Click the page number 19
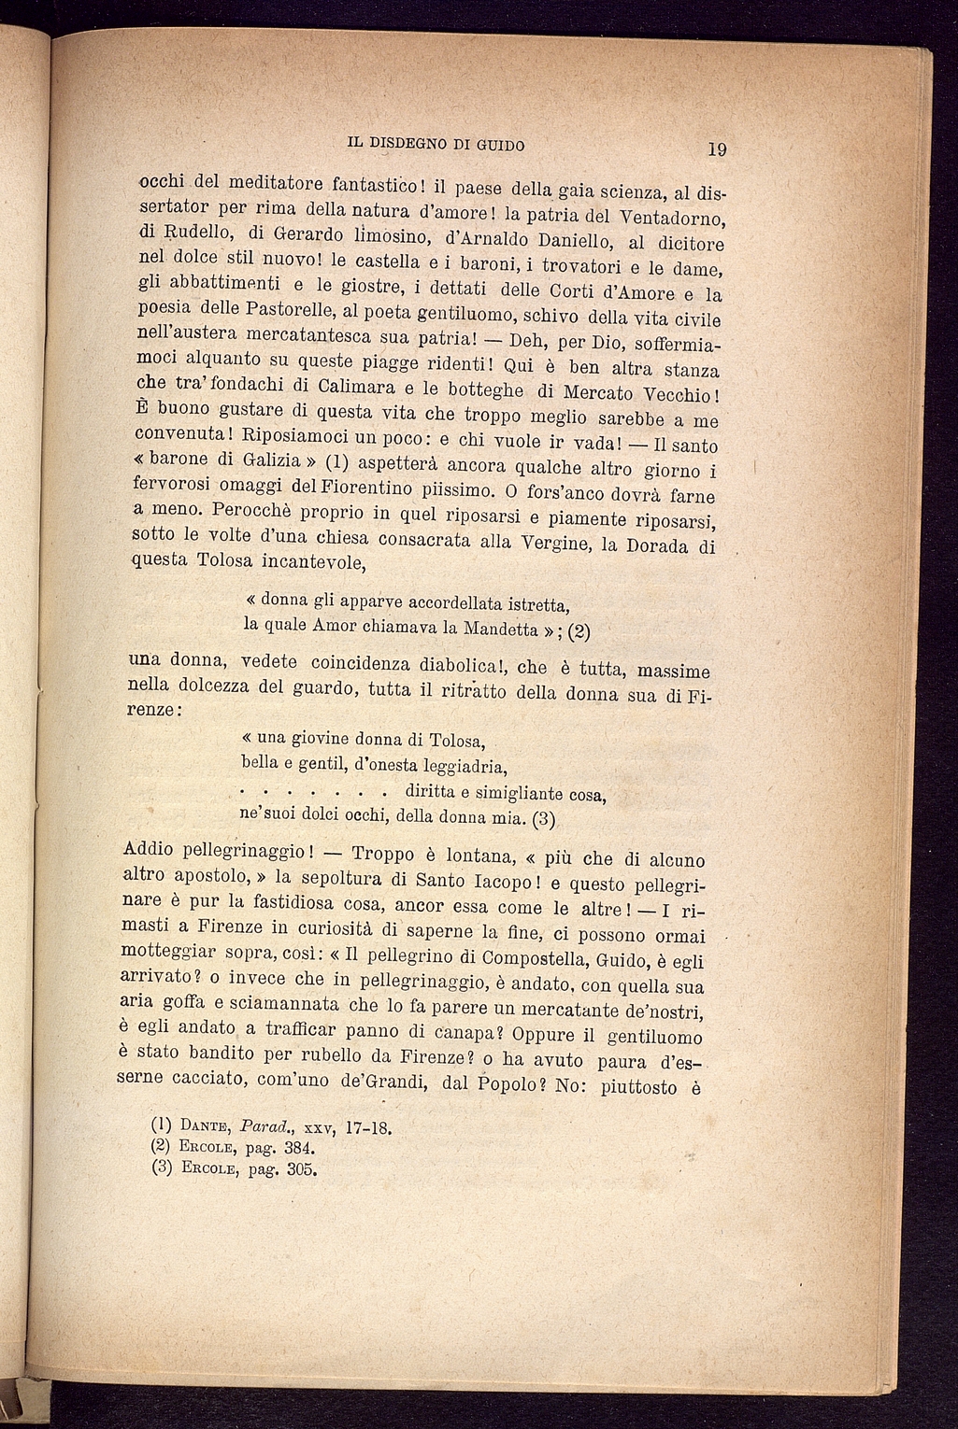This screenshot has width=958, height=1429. (x=718, y=149)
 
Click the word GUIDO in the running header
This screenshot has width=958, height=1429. (x=493, y=145)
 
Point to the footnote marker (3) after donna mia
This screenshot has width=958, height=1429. (x=544, y=821)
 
